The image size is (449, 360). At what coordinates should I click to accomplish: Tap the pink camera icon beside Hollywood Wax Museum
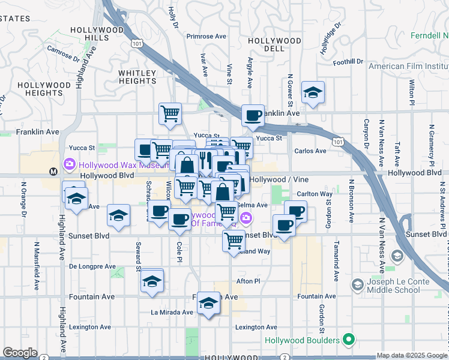coord(70,164)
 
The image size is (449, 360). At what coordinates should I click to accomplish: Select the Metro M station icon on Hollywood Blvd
coord(53,172)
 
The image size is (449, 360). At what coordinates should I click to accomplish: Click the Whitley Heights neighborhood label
coord(137,77)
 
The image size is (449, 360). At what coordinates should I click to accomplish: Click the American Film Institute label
coord(408,66)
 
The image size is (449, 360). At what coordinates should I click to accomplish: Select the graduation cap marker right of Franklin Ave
coord(313,92)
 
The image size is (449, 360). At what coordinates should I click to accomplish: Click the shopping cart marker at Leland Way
coord(234,240)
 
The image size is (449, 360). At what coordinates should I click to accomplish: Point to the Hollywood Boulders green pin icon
coord(348,340)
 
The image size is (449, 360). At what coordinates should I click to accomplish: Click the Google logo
coord(20,353)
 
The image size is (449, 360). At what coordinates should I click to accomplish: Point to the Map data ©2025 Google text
coord(411,355)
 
